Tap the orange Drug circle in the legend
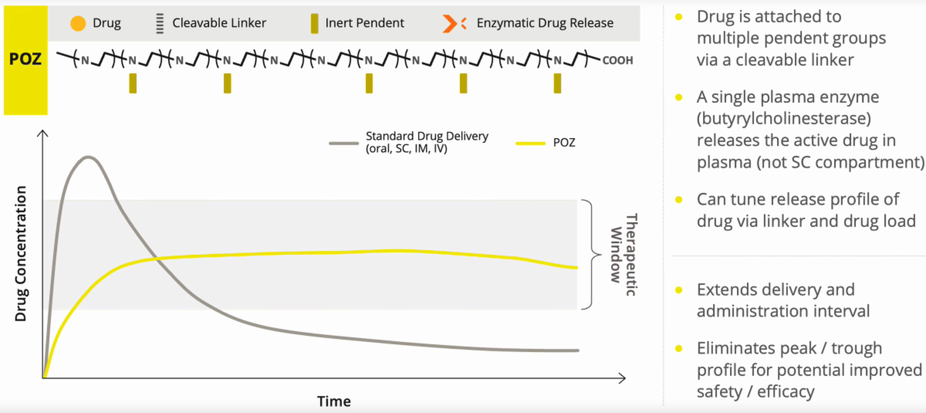77,23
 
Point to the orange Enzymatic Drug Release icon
455,23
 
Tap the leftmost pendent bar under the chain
133,83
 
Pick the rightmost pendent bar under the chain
557,83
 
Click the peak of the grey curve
89,157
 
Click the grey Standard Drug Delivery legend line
343,143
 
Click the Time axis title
333,401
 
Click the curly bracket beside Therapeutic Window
590,254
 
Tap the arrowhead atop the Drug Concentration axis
43,136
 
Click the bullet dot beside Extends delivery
678,290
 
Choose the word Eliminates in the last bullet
735,348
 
